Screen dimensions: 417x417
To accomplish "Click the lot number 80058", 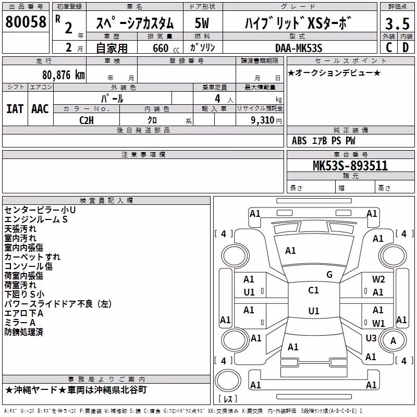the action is (x=26, y=21).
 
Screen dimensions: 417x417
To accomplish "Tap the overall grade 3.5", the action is (x=397, y=23).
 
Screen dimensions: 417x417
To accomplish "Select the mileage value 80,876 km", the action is (x=64, y=75).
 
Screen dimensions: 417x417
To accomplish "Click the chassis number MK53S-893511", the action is (x=350, y=165).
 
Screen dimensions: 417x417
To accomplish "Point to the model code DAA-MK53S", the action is (x=299, y=48).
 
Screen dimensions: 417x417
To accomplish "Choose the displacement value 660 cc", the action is (x=166, y=48).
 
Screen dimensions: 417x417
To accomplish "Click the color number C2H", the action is (x=87, y=120).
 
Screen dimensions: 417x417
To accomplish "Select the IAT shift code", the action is (x=15, y=109).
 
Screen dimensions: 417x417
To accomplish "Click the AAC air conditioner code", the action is (x=40, y=109).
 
